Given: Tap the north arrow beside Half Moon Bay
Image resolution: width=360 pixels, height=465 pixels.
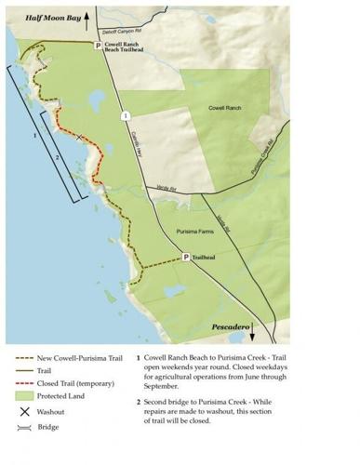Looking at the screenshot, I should pos(89,16).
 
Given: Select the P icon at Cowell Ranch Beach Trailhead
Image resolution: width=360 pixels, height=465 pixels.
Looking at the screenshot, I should pos(97,45).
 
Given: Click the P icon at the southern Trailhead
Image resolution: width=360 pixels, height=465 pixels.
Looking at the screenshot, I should pos(185,258).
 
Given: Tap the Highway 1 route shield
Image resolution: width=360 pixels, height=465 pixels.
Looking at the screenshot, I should pos(124,115).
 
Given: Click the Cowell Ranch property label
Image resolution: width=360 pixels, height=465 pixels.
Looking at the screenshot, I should pos(225,109).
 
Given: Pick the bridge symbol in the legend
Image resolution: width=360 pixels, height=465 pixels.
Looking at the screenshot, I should pos(24,427).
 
